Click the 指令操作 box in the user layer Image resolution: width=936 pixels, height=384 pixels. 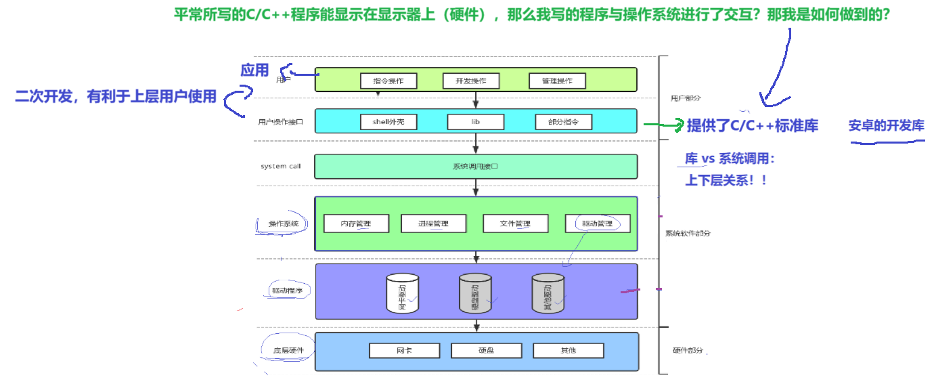[388, 81]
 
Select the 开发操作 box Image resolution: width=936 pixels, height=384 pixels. [471, 81]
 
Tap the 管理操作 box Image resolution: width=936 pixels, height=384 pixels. [557, 81]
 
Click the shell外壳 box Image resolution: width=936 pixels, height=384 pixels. [388, 122]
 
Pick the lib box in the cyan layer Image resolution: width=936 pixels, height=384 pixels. [475, 122]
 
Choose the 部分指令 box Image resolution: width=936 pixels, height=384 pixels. [563, 122]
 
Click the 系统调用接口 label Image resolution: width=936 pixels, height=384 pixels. [475, 166]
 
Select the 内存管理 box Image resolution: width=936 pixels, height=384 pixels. [356, 223]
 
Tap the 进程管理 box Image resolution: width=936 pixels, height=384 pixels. [433, 223]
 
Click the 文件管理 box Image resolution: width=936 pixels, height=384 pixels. [515, 223]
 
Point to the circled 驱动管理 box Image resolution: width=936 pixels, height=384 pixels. [597, 223]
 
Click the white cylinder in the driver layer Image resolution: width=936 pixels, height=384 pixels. [402, 293]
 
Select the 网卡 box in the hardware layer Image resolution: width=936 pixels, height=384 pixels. [404, 351]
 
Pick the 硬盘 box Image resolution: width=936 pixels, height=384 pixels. [486, 351]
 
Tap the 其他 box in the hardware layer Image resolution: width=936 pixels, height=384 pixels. [568, 351]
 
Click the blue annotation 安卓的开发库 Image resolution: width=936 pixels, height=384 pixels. [886, 126]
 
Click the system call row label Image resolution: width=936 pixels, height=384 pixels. [281, 166]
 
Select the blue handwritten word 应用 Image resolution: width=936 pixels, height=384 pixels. [255, 70]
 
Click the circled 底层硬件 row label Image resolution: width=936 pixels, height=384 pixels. [288, 351]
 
